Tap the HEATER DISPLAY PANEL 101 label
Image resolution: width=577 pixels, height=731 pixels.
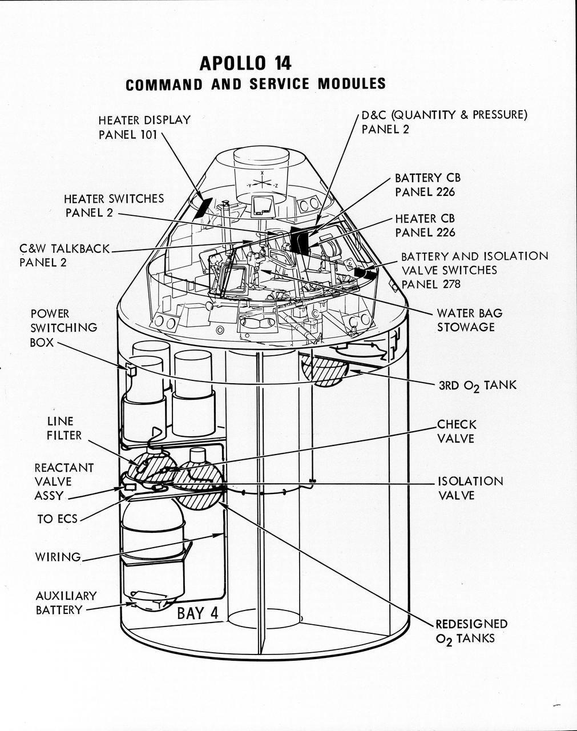(x=144, y=127)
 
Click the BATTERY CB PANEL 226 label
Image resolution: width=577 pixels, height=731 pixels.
(x=425, y=185)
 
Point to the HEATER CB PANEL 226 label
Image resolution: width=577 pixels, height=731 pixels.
(x=425, y=226)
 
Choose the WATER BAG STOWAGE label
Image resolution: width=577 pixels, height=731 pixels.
(x=469, y=320)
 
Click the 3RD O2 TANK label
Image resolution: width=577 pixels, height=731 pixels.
(x=477, y=385)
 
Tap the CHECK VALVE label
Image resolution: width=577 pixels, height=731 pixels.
(x=456, y=432)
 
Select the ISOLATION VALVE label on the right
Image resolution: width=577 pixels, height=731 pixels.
(x=470, y=488)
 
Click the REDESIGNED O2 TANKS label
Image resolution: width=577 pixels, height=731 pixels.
(x=471, y=631)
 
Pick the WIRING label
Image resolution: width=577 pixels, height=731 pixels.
(x=58, y=557)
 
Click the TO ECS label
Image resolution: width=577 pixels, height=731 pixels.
(x=57, y=519)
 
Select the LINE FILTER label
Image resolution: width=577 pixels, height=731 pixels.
(x=64, y=428)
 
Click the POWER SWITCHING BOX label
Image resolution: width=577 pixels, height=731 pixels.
(x=63, y=328)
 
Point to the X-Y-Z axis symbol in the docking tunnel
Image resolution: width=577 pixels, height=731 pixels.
(x=262, y=183)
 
